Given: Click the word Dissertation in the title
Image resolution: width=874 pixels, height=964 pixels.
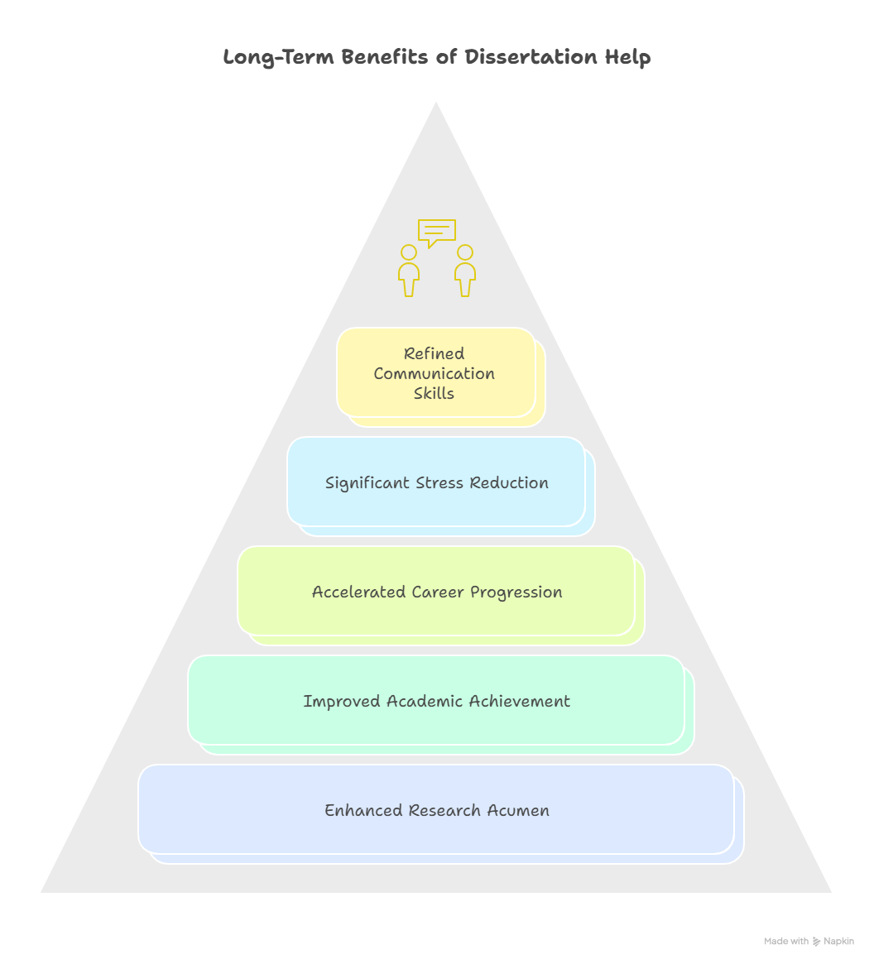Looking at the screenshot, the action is tap(531, 56).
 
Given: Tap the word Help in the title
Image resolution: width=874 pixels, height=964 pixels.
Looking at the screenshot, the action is tap(627, 57).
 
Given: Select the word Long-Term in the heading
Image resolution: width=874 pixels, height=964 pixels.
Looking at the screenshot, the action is tap(278, 58).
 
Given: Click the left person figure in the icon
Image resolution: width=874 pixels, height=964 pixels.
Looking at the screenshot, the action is tap(408, 271).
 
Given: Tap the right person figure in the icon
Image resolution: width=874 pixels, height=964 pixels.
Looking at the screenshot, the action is tap(465, 271).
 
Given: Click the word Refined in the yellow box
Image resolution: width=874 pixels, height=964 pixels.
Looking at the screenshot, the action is tap(435, 353).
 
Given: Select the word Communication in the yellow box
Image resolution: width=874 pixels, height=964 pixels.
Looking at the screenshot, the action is tap(435, 373).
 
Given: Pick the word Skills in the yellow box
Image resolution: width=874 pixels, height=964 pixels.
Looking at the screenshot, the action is tap(434, 393).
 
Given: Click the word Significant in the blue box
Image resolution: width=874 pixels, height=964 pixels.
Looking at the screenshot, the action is tap(367, 483).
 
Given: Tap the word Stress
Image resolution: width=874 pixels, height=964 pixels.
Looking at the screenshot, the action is tap(439, 482).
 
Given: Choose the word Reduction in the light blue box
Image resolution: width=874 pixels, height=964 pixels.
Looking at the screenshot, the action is tap(509, 482).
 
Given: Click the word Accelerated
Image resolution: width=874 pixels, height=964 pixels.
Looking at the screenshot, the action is tap(358, 592).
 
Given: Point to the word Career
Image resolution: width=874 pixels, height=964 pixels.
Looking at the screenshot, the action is tap(438, 592).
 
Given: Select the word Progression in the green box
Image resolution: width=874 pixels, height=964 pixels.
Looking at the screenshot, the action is tap(516, 592).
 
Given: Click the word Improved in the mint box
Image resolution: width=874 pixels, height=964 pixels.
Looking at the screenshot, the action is tap(341, 702).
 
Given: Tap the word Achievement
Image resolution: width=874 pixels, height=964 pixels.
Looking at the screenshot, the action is tap(519, 701).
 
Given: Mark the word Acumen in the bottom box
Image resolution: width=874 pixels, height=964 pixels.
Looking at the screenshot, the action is tap(518, 810).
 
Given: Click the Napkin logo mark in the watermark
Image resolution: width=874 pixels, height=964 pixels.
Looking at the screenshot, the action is tap(817, 942).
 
